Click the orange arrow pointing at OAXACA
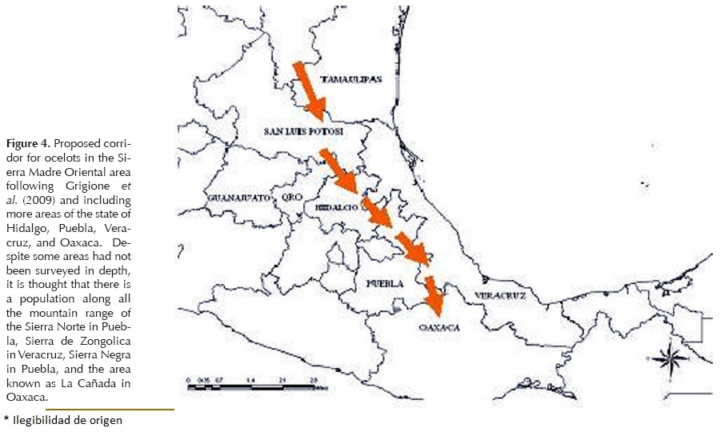pyautogui.click(x=434, y=295)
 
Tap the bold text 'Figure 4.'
pyautogui.click(x=28, y=143)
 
